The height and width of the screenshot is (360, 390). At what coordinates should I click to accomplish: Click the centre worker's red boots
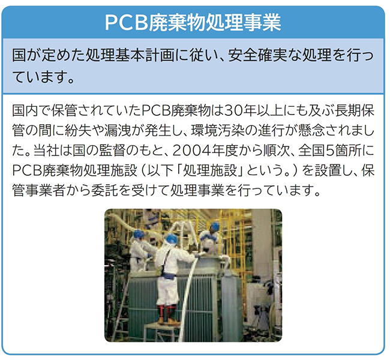(x=165, y=314)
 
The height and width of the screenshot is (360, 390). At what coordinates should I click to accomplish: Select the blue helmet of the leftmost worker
(x=139, y=235)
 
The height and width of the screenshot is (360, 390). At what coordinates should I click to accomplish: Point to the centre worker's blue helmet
(x=172, y=239)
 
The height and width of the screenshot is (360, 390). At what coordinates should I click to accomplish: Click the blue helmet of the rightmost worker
(x=214, y=226)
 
